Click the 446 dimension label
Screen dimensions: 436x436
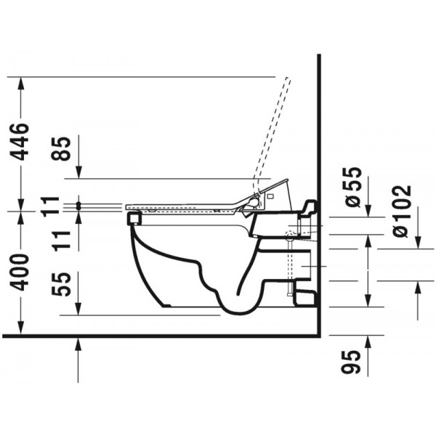(x=20, y=142)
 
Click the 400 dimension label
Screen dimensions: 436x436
(x=20, y=272)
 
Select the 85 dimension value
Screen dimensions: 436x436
(x=61, y=149)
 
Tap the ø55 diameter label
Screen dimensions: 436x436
(x=352, y=187)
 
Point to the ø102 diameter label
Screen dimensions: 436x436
(x=401, y=211)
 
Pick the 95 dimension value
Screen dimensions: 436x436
(x=351, y=361)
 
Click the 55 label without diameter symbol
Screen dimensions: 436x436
(x=61, y=284)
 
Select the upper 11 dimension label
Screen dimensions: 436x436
(x=50, y=206)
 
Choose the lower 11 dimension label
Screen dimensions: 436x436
(x=61, y=241)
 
